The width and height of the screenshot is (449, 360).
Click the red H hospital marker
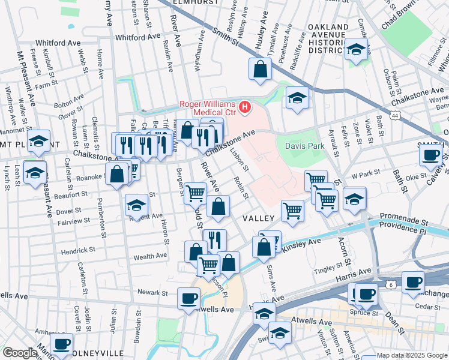tap(245, 107)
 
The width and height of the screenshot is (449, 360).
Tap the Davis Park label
tap(300, 145)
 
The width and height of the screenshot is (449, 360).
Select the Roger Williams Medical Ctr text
tap(208, 104)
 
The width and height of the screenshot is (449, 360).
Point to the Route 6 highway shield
tap(391, 284)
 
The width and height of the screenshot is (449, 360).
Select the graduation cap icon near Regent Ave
tap(136, 205)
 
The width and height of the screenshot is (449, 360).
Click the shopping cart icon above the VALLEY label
tap(292, 210)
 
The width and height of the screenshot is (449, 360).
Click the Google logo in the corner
tap(20, 353)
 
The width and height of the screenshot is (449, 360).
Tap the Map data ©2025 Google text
tap(412, 356)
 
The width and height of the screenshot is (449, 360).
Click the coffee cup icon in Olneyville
tap(61, 344)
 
